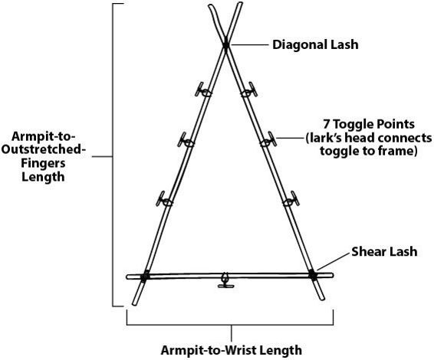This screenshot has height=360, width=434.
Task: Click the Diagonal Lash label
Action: tap(315, 44)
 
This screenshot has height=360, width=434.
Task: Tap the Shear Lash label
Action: tap(384, 251)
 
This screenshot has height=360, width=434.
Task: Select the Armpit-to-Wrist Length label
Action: tap(231, 350)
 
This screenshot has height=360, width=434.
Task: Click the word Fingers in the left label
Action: tap(43, 163)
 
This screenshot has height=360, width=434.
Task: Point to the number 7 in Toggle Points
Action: tap(327, 124)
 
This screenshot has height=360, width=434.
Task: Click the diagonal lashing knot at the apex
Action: tap(226, 44)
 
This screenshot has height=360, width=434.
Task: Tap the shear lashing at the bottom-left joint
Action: tap(145, 276)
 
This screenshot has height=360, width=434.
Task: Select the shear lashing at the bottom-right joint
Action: tap(312, 275)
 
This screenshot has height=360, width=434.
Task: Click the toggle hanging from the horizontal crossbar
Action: tap(225, 281)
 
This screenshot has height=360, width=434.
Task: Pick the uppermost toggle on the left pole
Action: tap(202, 90)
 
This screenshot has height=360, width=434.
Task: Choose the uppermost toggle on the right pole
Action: tap(249, 90)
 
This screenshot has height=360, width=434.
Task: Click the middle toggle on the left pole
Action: tap(186, 141)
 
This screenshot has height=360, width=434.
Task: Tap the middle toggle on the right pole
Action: tap(268, 140)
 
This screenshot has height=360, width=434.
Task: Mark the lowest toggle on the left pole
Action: tap(164, 200)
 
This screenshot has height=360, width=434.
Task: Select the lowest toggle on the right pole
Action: tap(291, 199)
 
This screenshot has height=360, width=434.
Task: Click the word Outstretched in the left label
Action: tap(44, 150)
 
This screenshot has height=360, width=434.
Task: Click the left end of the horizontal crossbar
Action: tap(127, 277)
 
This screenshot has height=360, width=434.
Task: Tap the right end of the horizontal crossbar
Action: tap(333, 275)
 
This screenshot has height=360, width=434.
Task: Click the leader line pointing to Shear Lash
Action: tap(333, 261)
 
